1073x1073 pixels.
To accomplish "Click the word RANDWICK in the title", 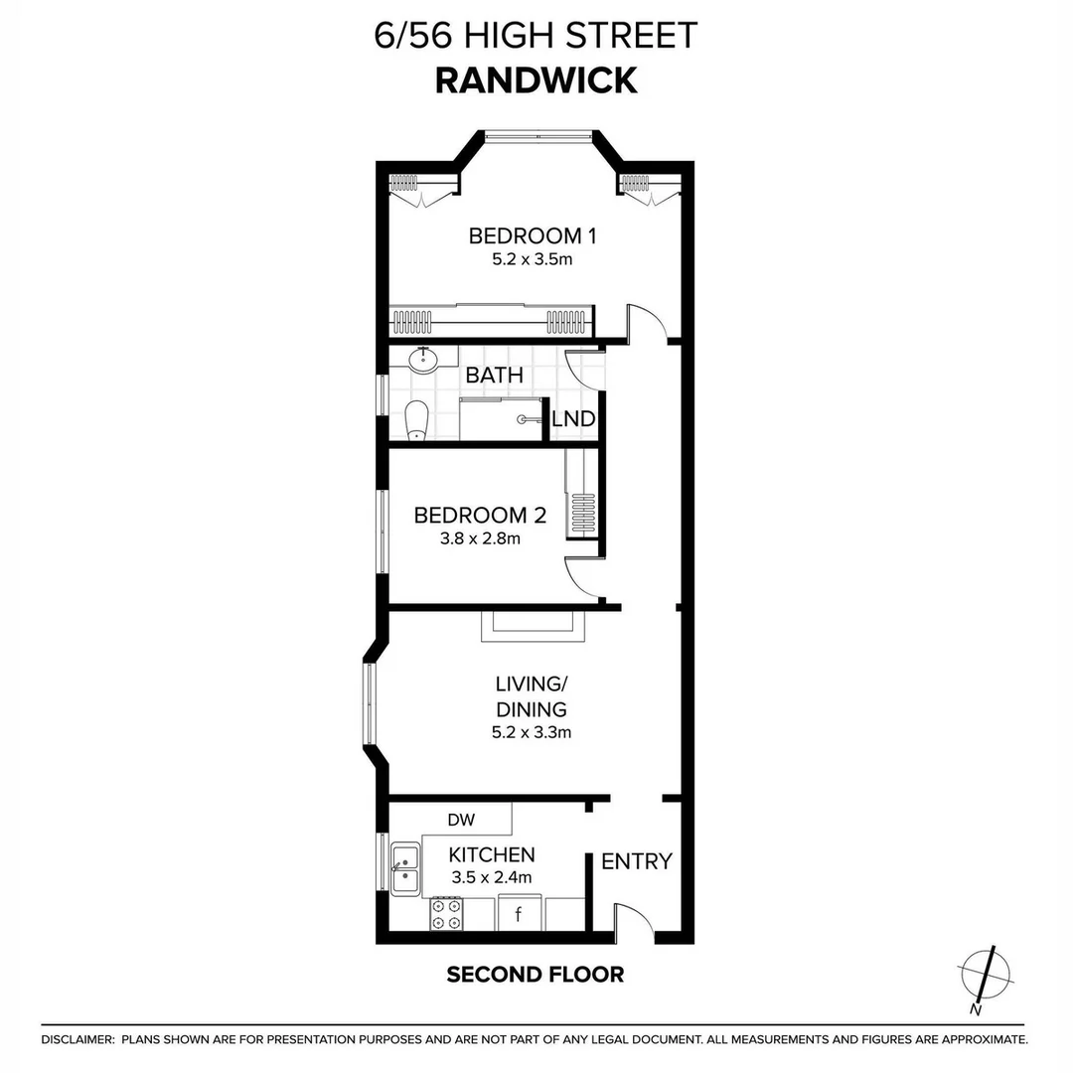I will (536, 79).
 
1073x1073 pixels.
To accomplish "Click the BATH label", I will (494, 376).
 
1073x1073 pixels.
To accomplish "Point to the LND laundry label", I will (573, 419).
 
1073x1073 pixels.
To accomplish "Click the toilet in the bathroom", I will (417, 419).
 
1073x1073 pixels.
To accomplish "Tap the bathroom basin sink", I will (425, 358).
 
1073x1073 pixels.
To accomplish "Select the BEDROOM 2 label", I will (480, 516).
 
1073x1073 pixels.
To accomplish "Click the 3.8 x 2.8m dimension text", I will (480, 539).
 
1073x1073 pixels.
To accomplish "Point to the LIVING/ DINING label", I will (531, 696).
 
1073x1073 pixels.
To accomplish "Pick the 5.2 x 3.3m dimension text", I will (531, 733).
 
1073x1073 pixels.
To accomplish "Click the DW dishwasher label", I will (461, 820).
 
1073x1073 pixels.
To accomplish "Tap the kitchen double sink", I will (404, 869).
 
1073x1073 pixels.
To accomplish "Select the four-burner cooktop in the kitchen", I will (446, 914).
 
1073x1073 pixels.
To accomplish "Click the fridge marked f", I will (518, 913).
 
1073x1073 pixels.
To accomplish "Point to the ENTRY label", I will (637, 861).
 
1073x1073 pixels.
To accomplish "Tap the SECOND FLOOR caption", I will (535, 974).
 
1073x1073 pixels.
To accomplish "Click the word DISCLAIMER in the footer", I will (77, 1039).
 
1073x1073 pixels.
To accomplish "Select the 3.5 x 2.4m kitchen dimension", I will (491, 877).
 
